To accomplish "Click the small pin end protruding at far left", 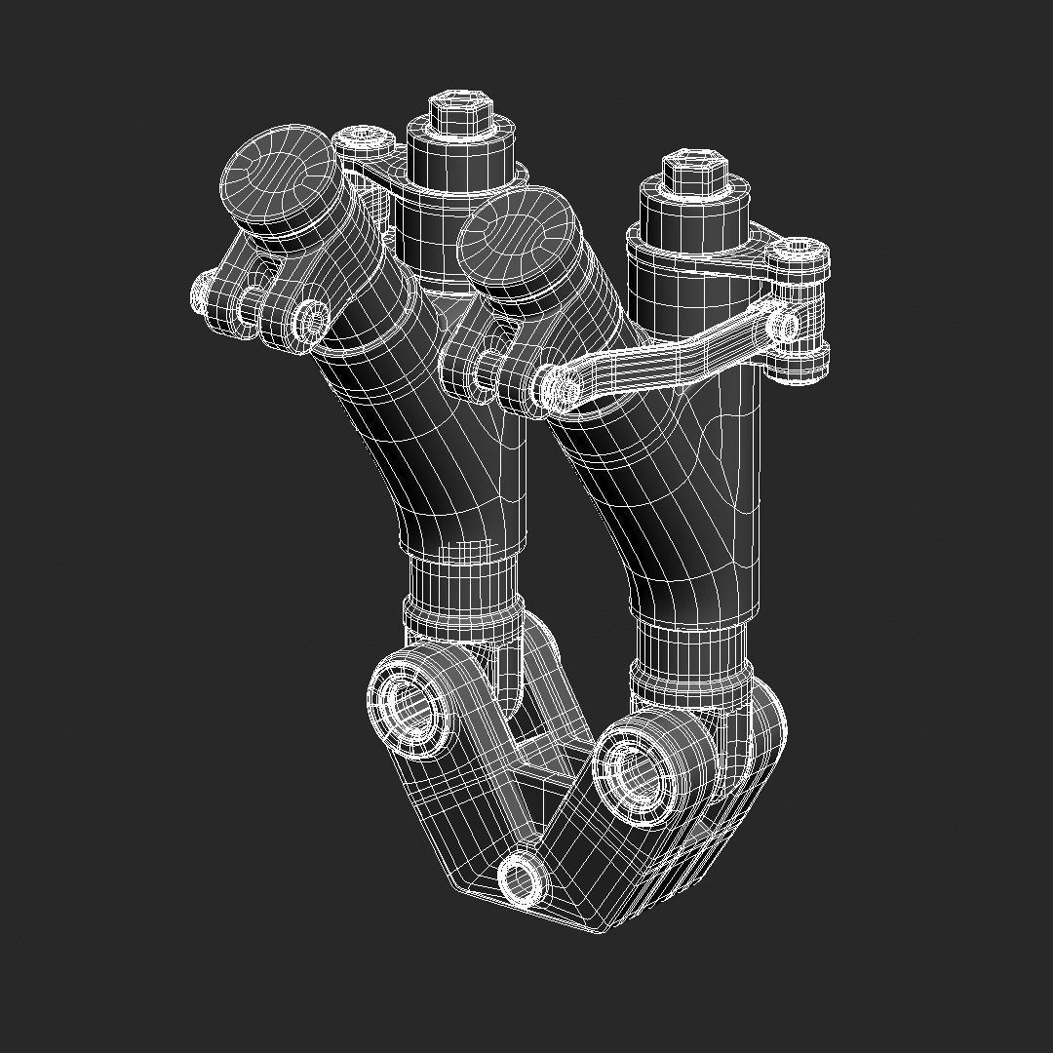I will pos(202,290).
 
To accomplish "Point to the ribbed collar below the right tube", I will pos(691,651).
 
